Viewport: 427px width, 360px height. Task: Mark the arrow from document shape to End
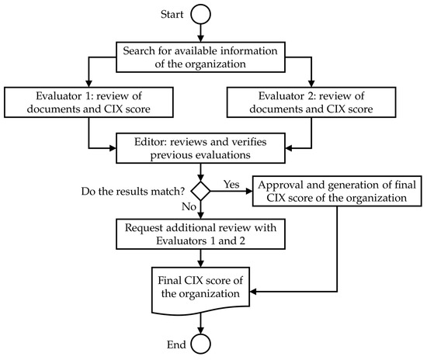202,320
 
